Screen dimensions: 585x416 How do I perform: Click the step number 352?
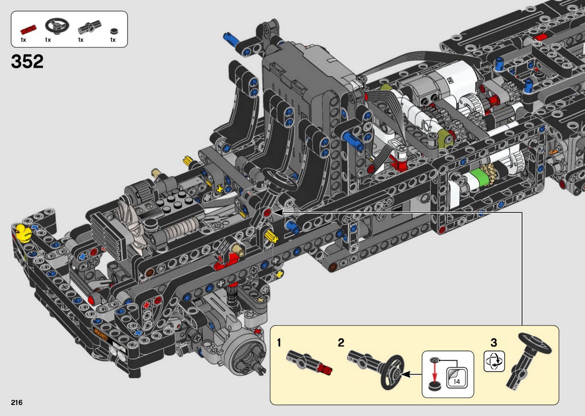[27, 62]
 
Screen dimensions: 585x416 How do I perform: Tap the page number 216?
[17, 402]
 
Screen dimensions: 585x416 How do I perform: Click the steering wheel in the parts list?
[57, 26]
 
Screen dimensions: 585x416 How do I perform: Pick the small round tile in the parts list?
[114, 31]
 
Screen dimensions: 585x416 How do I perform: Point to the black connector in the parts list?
[89, 27]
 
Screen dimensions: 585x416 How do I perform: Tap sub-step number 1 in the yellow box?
[279, 342]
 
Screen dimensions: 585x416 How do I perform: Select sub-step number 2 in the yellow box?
[341, 342]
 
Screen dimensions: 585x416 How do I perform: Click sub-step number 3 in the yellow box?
[494, 342]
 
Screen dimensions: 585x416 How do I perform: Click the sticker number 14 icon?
[456, 378]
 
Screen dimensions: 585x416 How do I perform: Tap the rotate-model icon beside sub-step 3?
[494, 361]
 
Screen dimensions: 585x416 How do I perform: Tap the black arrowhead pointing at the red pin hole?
[278, 212]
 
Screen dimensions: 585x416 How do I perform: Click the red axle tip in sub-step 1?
[326, 369]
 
